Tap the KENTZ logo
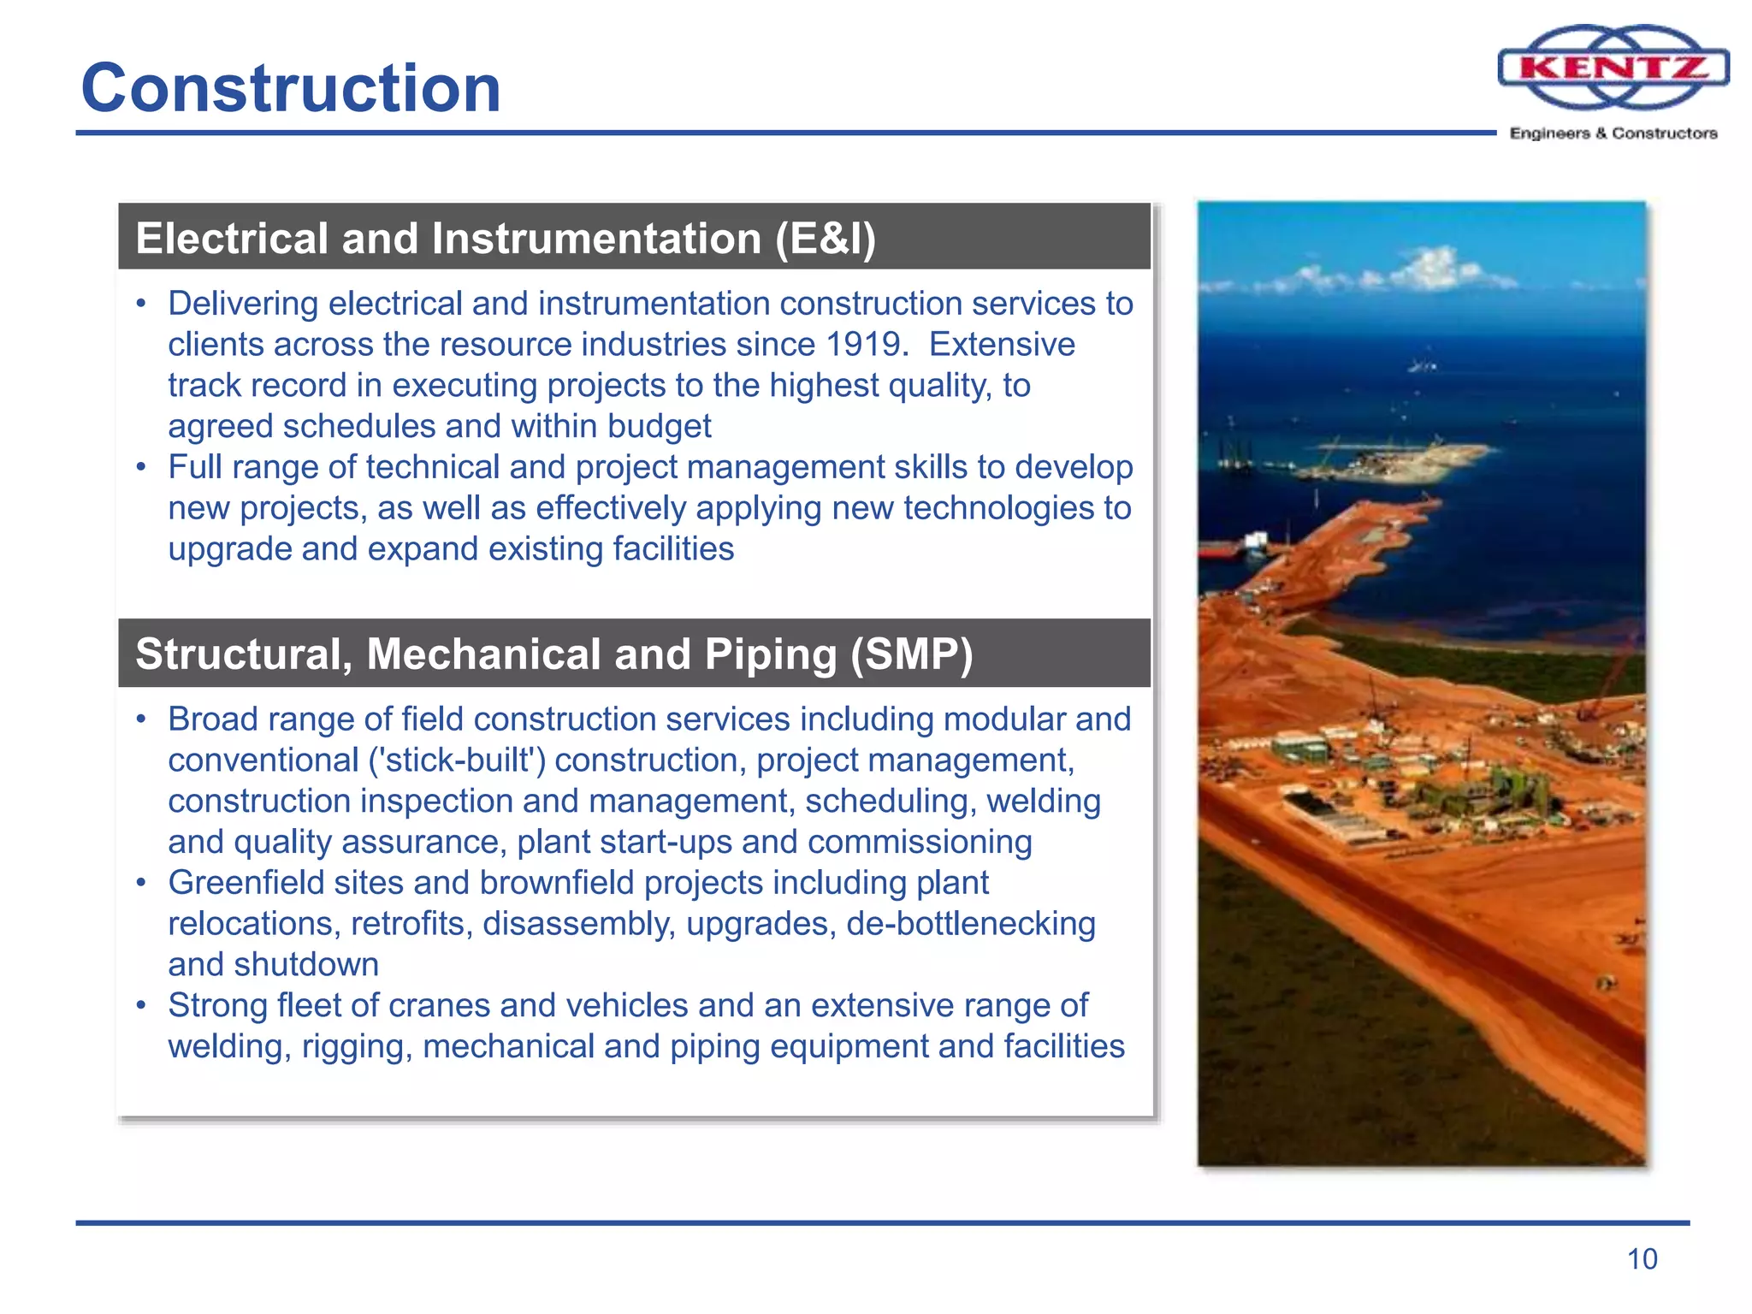1613,68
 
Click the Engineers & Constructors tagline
1613,133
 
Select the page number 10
1642,1259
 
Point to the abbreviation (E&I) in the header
825,239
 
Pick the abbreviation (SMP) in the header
911,654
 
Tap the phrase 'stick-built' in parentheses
457,761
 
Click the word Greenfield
246,883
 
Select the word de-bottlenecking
971,924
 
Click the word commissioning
920,843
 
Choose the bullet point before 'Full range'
141,468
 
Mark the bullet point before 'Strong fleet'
141,1006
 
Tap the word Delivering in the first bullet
243,304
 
